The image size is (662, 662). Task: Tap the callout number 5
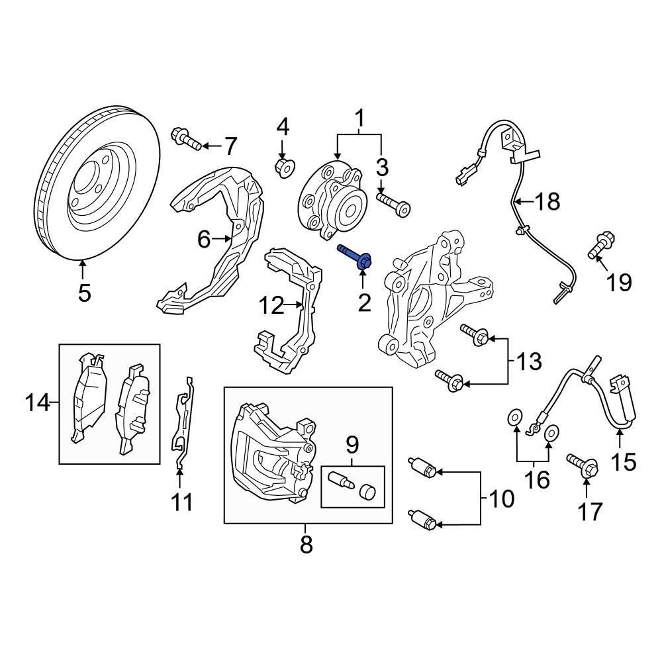(x=83, y=292)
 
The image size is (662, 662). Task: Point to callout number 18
(x=547, y=201)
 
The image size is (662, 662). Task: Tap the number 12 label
(x=271, y=306)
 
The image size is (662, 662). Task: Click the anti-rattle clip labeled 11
(x=183, y=424)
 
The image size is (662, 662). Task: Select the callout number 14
(x=38, y=402)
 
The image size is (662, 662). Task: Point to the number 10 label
(x=502, y=498)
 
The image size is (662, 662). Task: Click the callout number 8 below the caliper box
(x=306, y=545)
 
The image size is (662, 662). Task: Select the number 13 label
(x=529, y=361)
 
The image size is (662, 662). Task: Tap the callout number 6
(x=203, y=239)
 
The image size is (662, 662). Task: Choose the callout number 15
(x=623, y=461)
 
